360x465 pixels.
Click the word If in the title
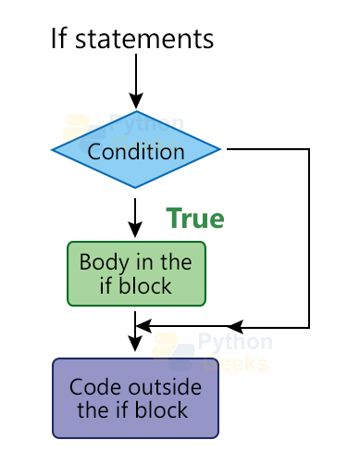click(x=60, y=39)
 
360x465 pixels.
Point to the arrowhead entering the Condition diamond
click(x=136, y=101)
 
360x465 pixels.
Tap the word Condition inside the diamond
click(x=136, y=150)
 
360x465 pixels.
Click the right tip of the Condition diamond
click(x=219, y=149)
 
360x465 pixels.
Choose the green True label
click(x=194, y=219)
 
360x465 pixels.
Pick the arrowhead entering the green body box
click(x=136, y=232)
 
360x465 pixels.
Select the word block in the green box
click(x=146, y=285)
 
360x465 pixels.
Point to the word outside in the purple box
click(x=162, y=387)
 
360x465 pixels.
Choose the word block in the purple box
click(x=163, y=410)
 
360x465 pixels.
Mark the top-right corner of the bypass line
click(x=309, y=149)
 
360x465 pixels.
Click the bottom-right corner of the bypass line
click(x=309, y=326)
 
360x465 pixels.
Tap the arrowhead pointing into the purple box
click(x=136, y=345)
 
